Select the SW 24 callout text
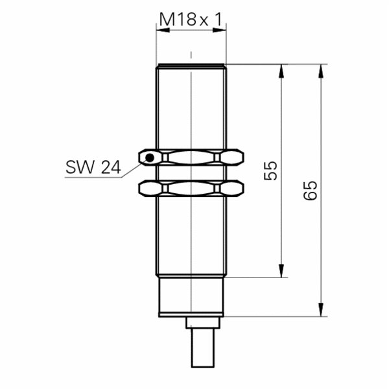point(92,167)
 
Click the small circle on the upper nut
point(150,157)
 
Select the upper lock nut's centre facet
point(191,157)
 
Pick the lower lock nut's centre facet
point(191,189)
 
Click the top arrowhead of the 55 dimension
point(281,71)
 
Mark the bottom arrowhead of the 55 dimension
point(281,271)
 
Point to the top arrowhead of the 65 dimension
point(320,71)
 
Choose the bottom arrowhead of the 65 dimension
point(320,311)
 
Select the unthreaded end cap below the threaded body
point(191,296)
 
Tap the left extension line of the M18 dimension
point(156,45)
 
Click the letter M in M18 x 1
point(166,21)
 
